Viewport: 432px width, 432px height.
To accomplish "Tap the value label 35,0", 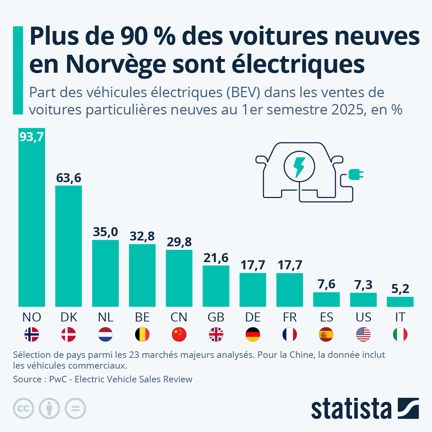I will pos(105,232).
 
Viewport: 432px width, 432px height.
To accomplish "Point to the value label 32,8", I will pos(142,236).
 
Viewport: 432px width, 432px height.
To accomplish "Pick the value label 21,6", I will pos(216,258).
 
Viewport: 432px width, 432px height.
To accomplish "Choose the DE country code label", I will pos(253,317).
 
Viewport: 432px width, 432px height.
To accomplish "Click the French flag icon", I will pos(289,334).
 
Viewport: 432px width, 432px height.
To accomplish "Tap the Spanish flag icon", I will pos(326,334).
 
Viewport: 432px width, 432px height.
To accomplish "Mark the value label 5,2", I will pos(400,289).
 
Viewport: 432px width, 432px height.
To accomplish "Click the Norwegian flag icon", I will pos(32,334).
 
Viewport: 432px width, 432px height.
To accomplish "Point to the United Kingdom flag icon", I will pos(216,334).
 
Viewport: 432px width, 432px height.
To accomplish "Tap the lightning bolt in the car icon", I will pos(299,167).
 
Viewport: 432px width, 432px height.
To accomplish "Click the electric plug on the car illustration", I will pos(355,175).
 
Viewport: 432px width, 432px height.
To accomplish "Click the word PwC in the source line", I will pos(58,379).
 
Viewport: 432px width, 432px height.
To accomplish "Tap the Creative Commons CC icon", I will pos(23,409).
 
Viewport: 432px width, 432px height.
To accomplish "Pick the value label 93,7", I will pos(32,137).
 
